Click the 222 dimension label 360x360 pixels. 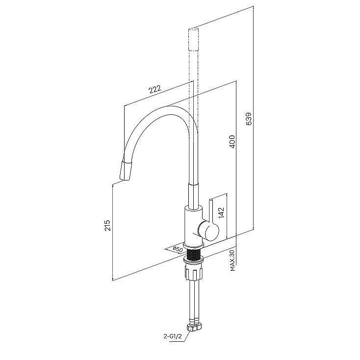click(155, 89)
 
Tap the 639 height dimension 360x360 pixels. click(249, 119)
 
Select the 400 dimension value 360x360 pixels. click(232, 141)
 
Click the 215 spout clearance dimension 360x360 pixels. click(108, 226)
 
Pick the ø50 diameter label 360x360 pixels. click(178, 249)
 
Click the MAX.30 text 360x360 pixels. click(232, 260)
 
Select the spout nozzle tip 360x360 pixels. click(126, 171)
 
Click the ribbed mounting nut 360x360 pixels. click(193, 273)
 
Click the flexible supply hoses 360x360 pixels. click(194, 301)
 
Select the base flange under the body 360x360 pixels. click(193, 246)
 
